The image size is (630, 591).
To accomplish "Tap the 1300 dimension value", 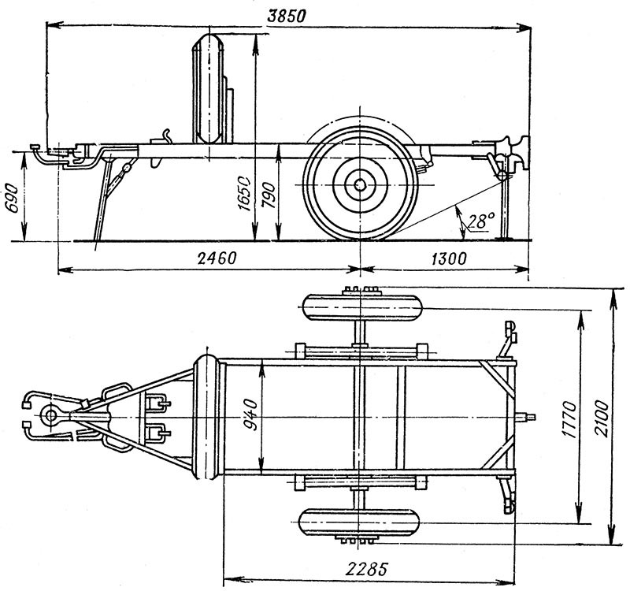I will pyautogui.click(x=447, y=258).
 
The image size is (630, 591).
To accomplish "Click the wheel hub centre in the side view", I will pyautogui.click(x=359, y=185).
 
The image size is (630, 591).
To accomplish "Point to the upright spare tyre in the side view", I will pyautogui.click(x=209, y=87).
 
